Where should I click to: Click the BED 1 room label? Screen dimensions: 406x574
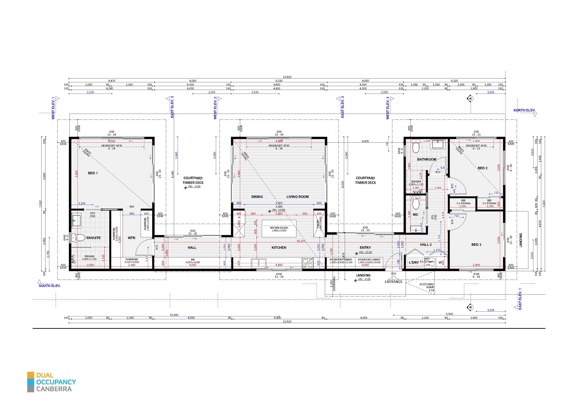tap(93, 173)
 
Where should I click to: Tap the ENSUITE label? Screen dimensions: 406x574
tap(94, 238)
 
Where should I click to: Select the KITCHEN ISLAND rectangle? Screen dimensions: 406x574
tap(279, 229)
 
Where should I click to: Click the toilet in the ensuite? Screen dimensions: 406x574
tap(79, 238)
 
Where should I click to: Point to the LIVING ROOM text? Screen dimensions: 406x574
tap(298, 197)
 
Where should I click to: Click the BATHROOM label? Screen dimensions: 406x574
tap(427, 159)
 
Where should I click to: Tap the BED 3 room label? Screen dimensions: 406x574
tap(476, 245)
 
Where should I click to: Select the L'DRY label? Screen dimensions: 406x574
tap(414, 262)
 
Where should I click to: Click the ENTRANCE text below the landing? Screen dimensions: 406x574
tap(394, 282)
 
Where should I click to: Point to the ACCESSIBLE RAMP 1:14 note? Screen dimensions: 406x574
tap(427, 287)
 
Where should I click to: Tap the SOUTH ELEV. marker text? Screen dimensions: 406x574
tap(50, 286)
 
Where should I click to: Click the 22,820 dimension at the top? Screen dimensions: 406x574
tap(287, 77)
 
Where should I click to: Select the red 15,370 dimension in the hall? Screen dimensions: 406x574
tap(301, 241)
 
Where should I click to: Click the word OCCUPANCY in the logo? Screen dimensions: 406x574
tap(56, 382)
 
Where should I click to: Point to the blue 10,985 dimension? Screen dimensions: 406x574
tap(174, 315)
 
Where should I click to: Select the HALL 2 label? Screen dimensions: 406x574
tap(426, 245)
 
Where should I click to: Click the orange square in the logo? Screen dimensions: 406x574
tap(31, 375)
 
